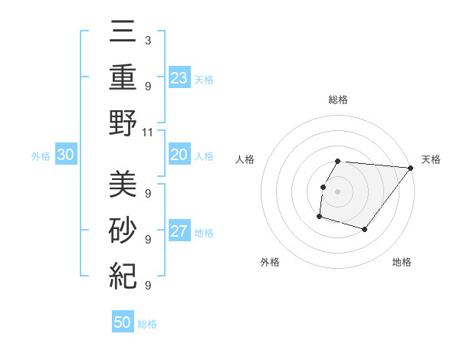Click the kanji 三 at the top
(x=123, y=34)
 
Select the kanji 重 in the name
(x=123, y=78)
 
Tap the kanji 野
(x=123, y=124)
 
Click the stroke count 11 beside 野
(x=149, y=132)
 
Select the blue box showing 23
(x=179, y=77)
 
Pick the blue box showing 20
(x=179, y=155)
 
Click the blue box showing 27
(x=179, y=231)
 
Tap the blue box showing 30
(x=65, y=155)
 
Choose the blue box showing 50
(x=123, y=322)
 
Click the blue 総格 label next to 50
(x=148, y=324)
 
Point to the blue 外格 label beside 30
(x=41, y=156)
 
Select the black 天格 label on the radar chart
(x=431, y=159)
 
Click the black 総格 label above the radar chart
(x=338, y=100)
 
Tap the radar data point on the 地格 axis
(x=365, y=229)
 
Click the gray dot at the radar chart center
(x=338, y=192)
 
